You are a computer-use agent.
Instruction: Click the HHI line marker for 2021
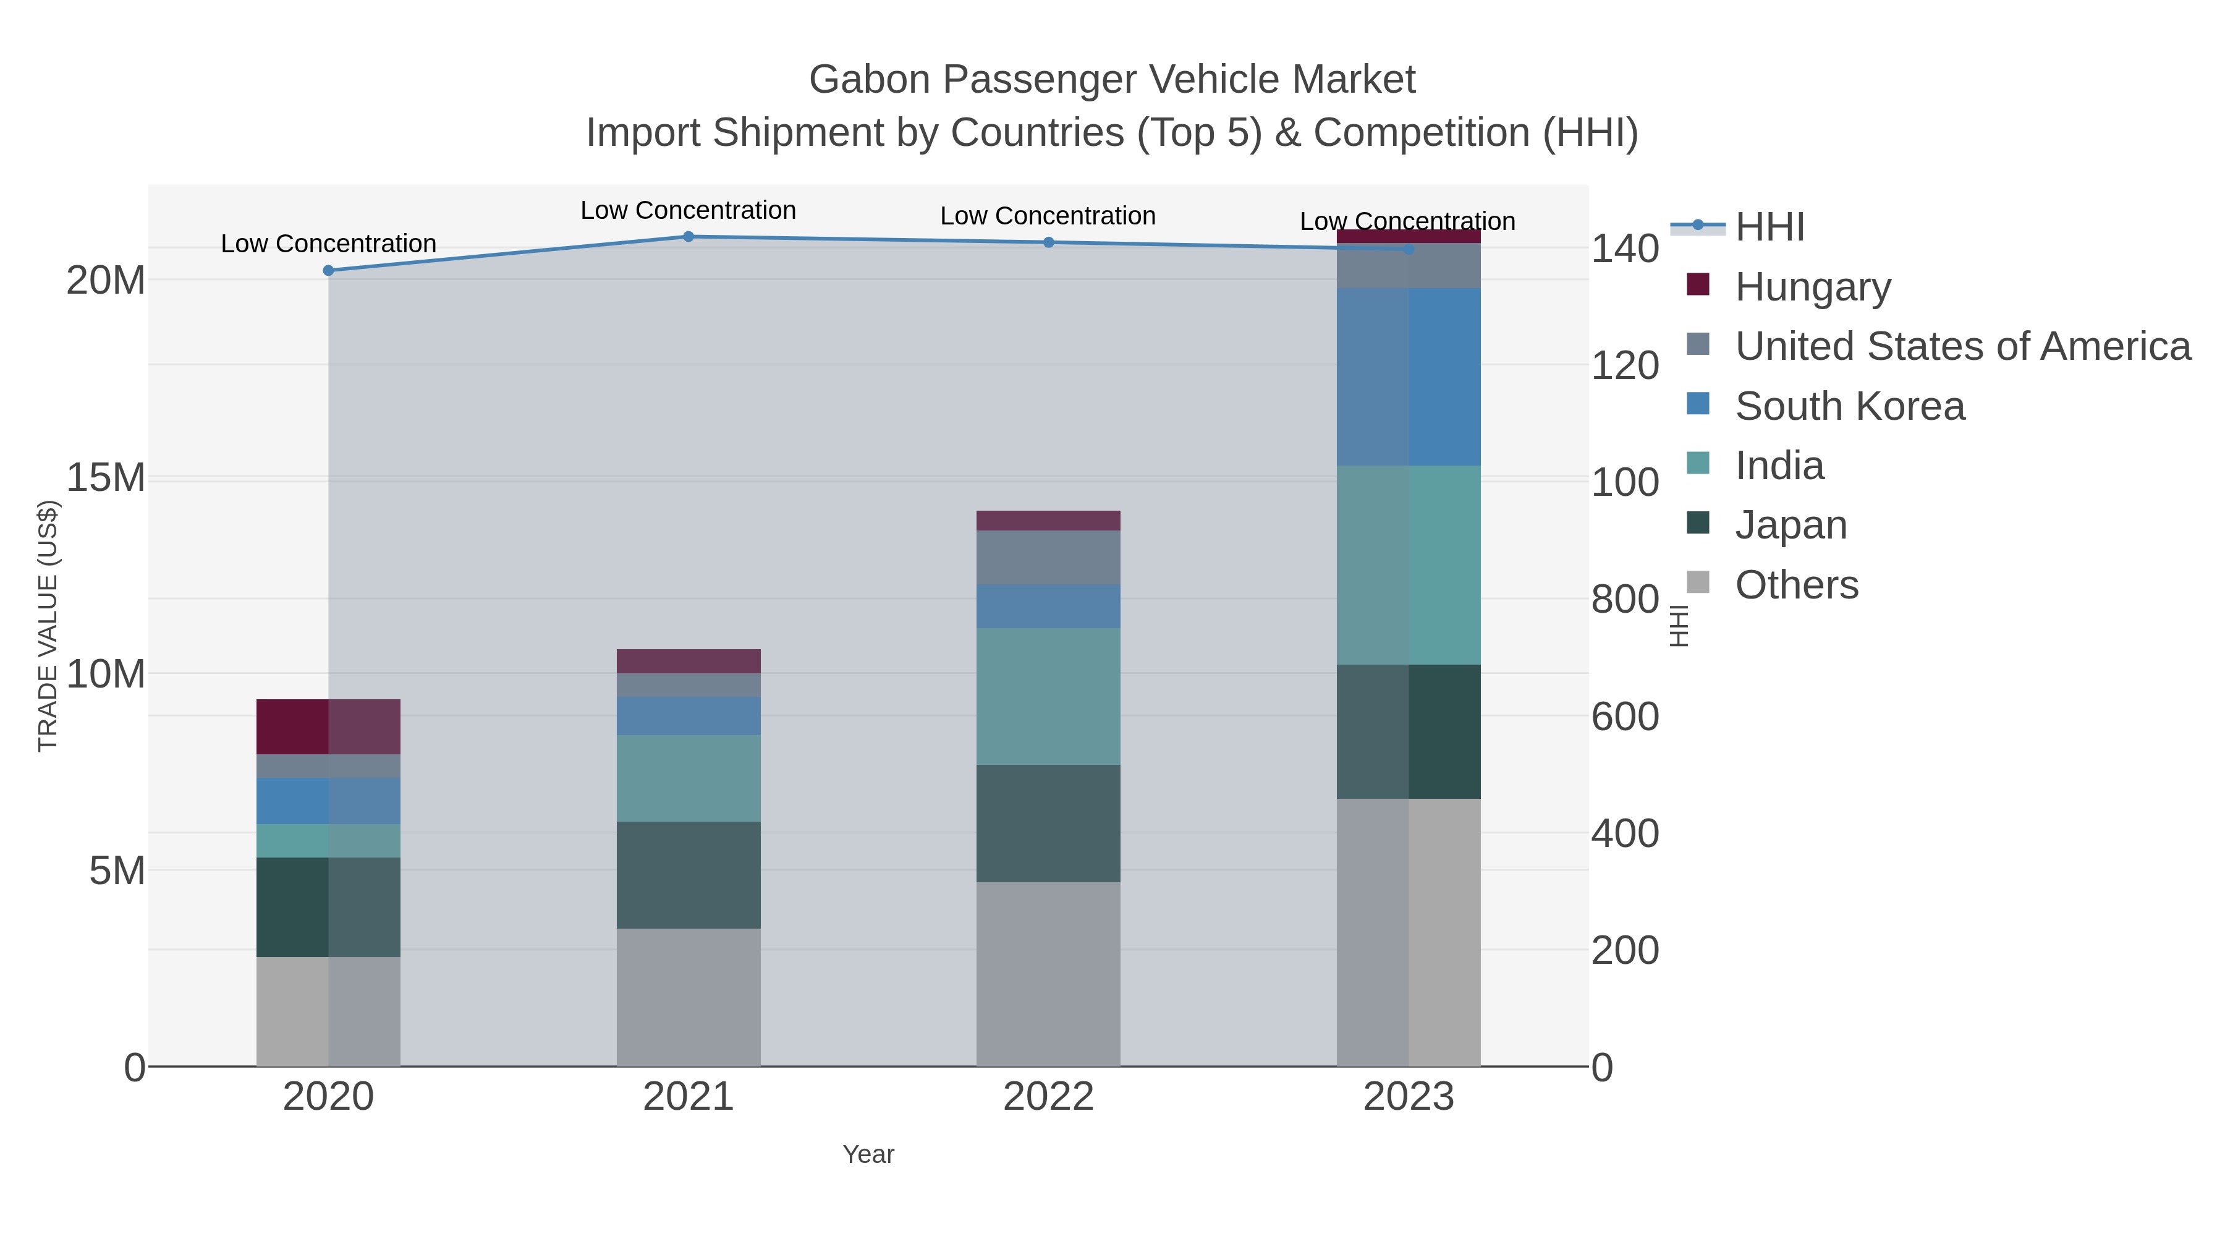(x=689, y=237)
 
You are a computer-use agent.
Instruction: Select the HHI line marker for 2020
(x=328, y=270)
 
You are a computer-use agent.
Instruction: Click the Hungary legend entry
(x=1812, y=287)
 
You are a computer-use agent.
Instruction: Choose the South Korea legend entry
(x=1849, y=406)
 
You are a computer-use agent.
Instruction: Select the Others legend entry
(x=1795, y=585)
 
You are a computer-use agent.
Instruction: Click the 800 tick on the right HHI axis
(x=1625, y=600)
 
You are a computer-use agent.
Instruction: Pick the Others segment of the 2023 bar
(x=1409, y=932)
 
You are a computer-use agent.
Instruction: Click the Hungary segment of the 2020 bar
(x=328, y=726)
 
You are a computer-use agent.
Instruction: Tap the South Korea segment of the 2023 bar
(x=1409, y=377)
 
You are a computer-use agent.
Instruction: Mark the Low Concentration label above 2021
(x=689, y=211)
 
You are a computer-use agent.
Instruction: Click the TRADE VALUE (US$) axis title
(x=48, y=626)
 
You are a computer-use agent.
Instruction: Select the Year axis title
(x=868, y=1154)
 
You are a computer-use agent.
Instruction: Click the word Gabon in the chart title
(x=869, y=80)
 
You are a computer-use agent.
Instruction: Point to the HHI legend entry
(x=1769, y=228)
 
